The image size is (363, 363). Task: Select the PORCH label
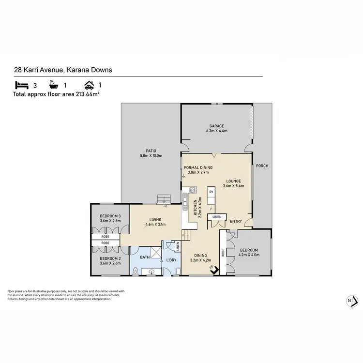point(262,166)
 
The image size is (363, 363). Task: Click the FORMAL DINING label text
point(198,167)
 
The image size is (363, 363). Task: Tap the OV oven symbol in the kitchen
point(211,192)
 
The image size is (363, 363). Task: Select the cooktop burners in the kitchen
point(185,190)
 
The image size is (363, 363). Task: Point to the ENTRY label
point(236,221)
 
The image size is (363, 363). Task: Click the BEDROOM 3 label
point(110,216)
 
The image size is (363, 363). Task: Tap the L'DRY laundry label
point(171,260)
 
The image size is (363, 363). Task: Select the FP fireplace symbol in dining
point(212,268)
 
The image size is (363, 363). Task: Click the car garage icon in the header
point(89,84)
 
